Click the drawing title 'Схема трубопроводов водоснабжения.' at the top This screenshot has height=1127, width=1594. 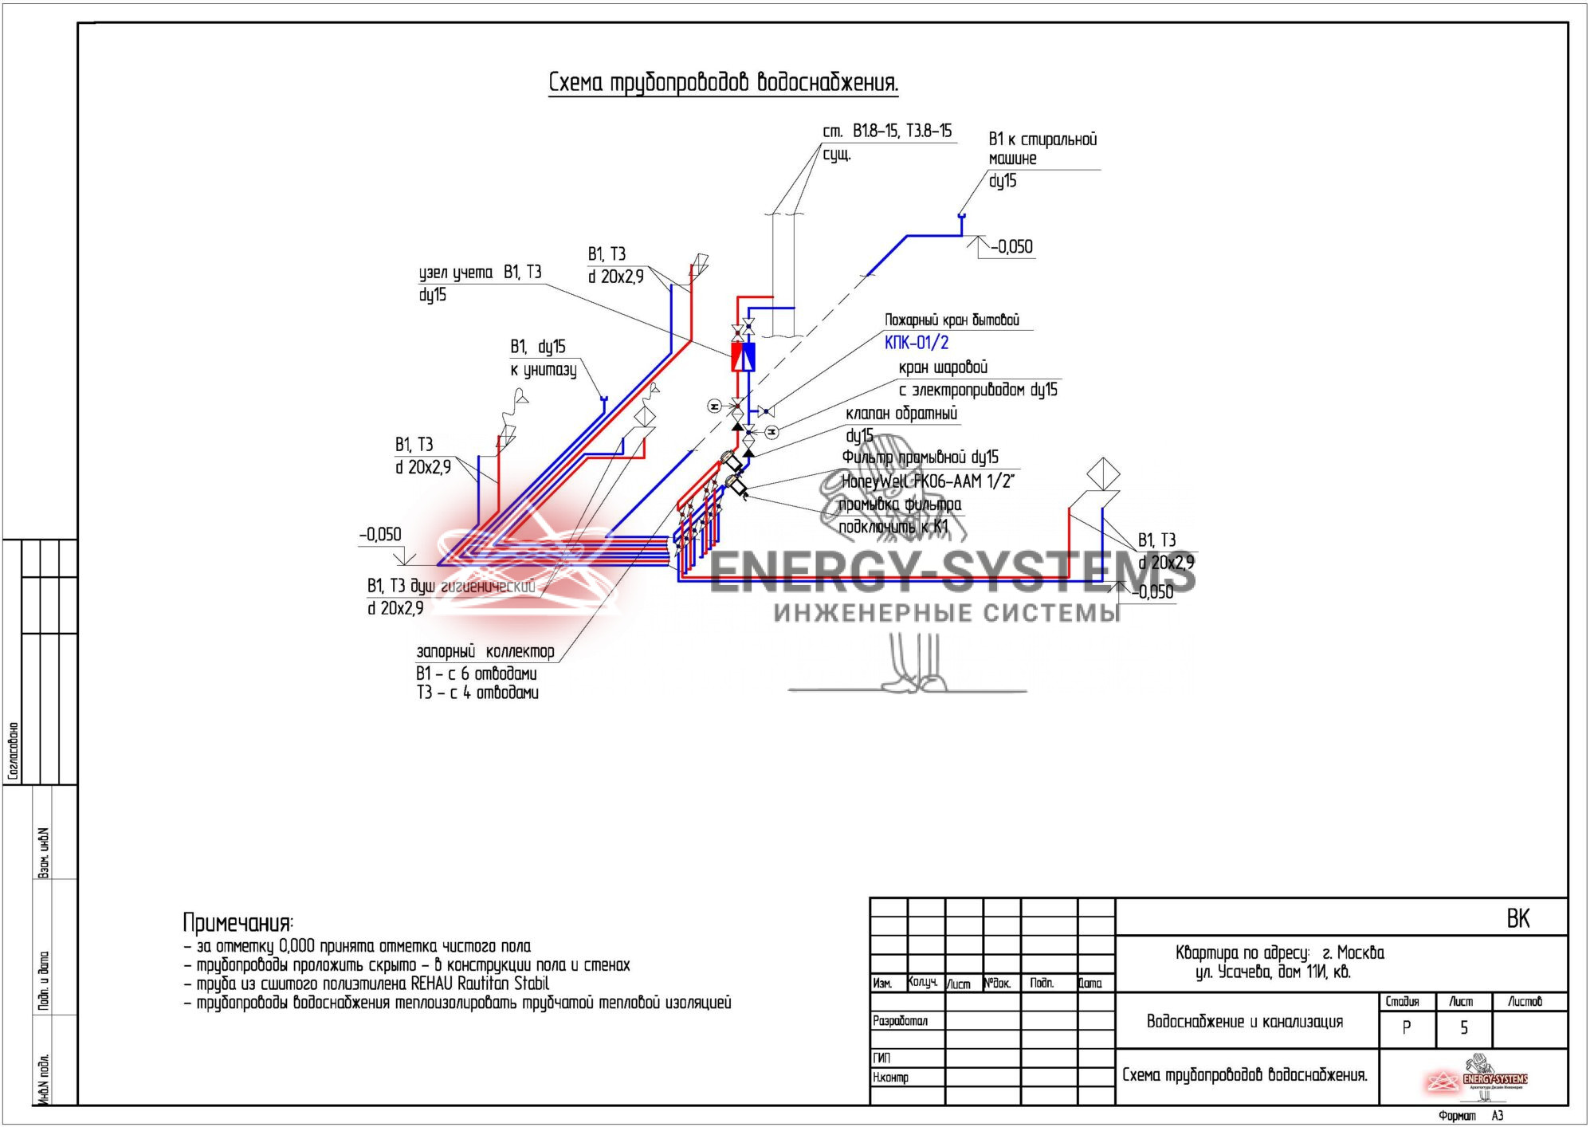click(x=723, y=82)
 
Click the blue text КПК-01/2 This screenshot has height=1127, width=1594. click(x=917, y=343)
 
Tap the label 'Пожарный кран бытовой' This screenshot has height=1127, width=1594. click(x=952, y=320)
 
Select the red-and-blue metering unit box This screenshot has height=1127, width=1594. click(x=743, y=356)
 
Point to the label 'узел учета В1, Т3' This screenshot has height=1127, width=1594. click(x=480, y=273)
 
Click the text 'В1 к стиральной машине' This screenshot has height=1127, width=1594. click(x=1042, y=148)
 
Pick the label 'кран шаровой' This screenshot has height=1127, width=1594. click(x=943, y=367)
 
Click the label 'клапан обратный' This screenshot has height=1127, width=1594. click(x=901, y=414)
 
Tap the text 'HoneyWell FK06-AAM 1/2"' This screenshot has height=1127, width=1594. click(x=928, y=481)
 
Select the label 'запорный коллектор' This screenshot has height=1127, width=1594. click(x=485, y=651)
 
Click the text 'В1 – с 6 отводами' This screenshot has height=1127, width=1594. click(x=476, y=673)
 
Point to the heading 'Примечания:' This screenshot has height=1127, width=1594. click(x=238, y=923)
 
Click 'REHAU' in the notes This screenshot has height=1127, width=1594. click(x=432, y=984)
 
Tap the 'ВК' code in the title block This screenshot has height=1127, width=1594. click(x=1517, y=919)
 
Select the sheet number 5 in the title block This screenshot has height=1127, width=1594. click(x=1463, y=1028)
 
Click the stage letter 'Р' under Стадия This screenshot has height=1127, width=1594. click(x=1406, y=1028)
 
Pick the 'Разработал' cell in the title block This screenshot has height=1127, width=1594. click(x=900, y=1021)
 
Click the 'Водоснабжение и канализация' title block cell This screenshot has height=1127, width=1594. click(x=1244, y=1022)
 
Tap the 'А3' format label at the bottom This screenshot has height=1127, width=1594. click(x=1497, y=1116)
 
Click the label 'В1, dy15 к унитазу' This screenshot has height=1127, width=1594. click(x=543, y=358)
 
